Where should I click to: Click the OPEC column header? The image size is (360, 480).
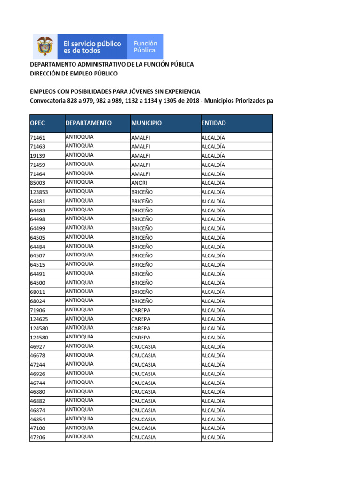tap(37, 123)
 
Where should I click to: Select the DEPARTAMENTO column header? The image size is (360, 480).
tap(89, 123)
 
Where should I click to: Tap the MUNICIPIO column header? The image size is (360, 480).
tap(146, 123)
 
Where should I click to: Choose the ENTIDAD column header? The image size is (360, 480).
tap(213, 123)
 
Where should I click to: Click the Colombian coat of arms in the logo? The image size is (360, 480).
tap(45, 47)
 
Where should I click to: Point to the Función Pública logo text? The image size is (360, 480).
tap(145, 47)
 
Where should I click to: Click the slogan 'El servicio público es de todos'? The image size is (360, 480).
tap(92, 47)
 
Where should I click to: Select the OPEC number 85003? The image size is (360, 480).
tap(37, 183)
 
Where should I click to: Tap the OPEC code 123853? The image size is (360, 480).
tap(39, 192)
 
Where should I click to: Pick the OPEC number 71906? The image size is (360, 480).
tap(37, 310)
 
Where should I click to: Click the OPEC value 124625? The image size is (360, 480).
tap(39, 320)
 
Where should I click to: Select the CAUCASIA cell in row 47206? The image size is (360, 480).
tap(143, 438)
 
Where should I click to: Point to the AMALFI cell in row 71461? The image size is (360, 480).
tap(141, 138)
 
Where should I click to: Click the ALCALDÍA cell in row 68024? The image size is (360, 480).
tap(213, 301)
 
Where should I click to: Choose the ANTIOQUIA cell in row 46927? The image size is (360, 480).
tap(80, 346)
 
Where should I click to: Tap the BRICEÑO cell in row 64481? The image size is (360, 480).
tap(142, 201)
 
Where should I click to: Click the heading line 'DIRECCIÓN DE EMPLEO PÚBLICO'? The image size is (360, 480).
tap(74, 74)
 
